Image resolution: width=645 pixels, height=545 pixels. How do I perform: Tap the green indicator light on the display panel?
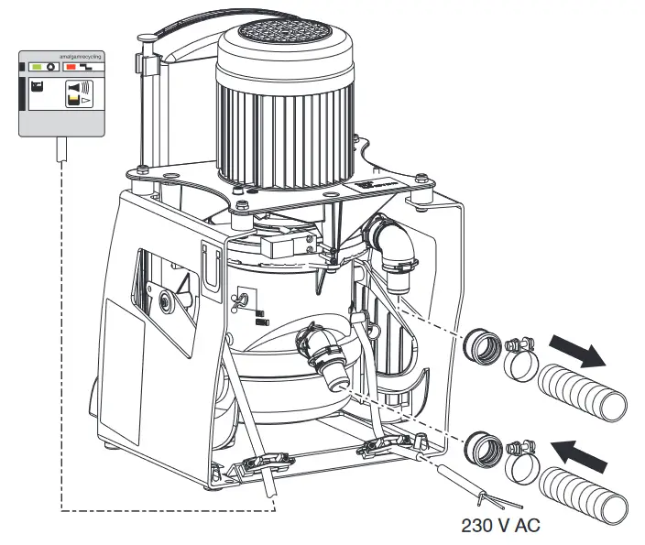pyautogui.click(x=36, y=67)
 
